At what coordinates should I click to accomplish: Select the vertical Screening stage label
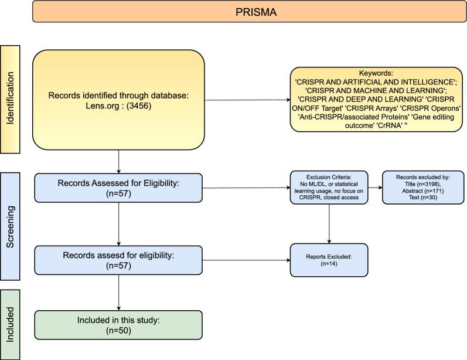click(11, 226)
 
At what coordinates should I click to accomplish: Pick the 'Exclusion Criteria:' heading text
click(329, 176)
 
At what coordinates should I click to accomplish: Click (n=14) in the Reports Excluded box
click(328, 264)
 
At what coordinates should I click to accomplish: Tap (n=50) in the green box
click(119, 331)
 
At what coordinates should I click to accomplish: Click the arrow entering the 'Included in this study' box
click(119, 306)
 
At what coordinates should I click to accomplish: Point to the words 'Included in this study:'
click(119, 321)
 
